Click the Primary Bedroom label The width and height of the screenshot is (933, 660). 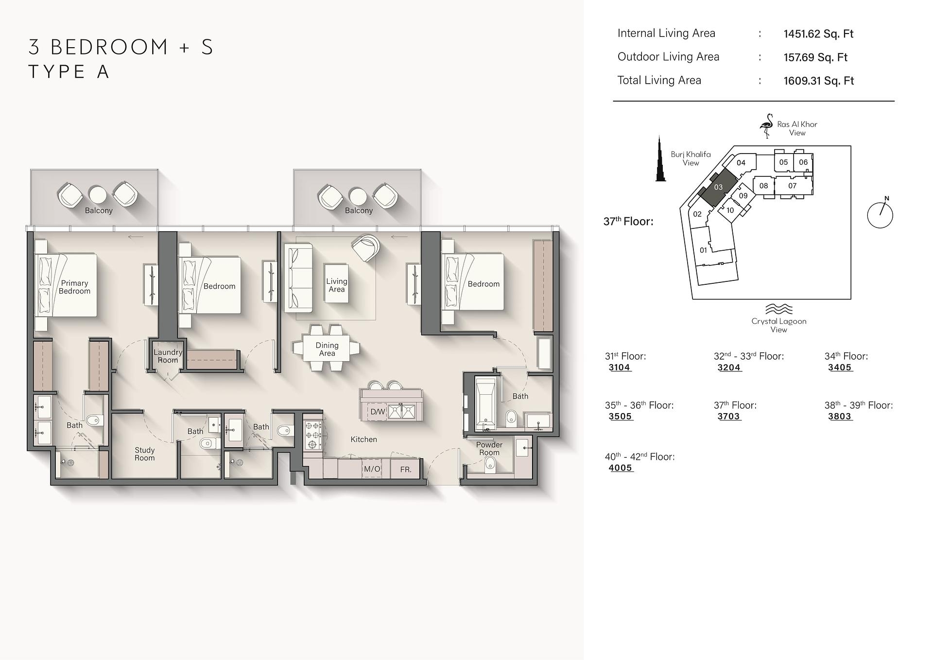point(74,287)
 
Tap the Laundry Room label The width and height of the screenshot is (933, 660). point(168,356)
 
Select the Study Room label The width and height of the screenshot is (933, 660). point(144,454)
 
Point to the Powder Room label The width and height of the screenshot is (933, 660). point(489,449)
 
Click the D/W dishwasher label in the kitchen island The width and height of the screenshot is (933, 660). point(378,412)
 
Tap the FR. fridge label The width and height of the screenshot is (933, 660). point(406,469)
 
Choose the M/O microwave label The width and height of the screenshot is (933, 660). point(372,469)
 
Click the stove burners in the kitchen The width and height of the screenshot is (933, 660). point(313,434)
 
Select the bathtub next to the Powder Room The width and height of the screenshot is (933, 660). point(485,403)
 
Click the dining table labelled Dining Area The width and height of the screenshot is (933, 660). point(327,349)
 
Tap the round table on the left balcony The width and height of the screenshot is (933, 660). point(98,195)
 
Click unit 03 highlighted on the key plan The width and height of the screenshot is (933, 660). point(718,187)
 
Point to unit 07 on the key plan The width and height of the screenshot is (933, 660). point(793,186)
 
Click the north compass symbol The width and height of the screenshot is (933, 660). point(880,214)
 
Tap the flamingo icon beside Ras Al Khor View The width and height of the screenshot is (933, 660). point(766,126)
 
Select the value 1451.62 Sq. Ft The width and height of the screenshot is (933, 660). point(818,34)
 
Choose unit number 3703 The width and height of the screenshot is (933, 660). point(728,417)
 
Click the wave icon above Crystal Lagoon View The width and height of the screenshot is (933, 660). point(778,309)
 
